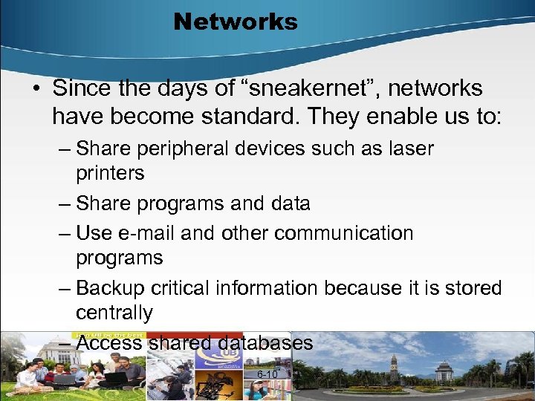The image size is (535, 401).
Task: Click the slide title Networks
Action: click(x=235, y=22)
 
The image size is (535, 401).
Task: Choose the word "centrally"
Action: click(x=114, y=313)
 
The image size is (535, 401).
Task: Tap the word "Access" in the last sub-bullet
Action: click(x=110, y=342)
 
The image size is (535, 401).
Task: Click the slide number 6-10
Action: click(x=267, y=374)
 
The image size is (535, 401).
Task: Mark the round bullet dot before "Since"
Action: click(x=36, y=89)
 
